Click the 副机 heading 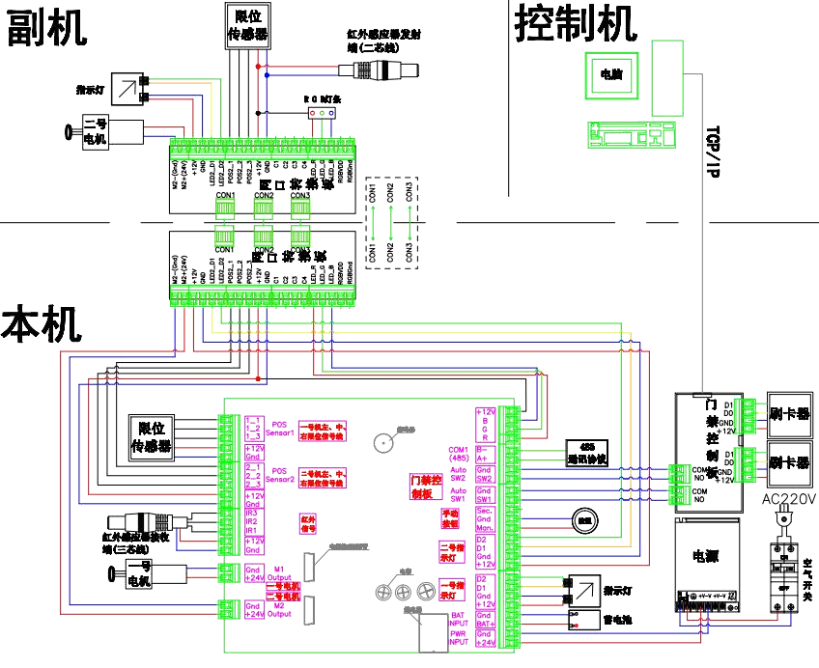46,28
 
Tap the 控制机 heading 576,23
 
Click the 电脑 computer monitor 610,74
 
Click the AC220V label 789,499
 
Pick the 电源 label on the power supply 706,557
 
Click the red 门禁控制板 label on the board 426,487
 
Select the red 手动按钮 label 452,517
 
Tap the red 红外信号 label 309,524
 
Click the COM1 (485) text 458,454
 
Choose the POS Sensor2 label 280,475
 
